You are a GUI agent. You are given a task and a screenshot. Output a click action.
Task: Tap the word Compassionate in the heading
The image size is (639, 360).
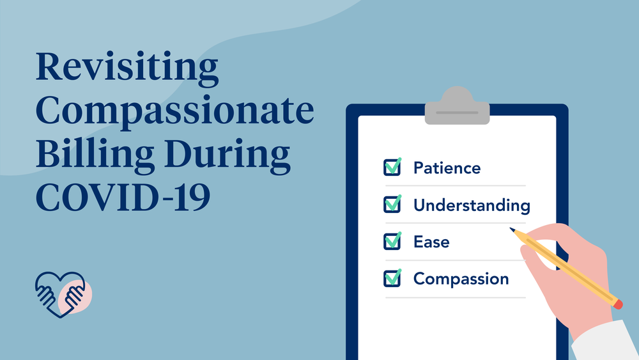point(174,113)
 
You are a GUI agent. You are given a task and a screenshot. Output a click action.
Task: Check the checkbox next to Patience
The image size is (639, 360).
point(392,168)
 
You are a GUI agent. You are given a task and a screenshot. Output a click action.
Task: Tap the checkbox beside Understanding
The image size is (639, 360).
point(392,205)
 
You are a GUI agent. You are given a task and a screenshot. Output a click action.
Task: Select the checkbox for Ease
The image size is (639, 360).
point(392,242)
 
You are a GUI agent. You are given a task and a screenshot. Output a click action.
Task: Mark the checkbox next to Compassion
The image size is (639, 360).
point(392,279)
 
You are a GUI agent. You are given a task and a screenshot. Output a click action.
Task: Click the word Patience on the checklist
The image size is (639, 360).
point(447,168)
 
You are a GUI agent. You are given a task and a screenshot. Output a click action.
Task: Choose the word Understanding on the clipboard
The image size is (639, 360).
point(472,205)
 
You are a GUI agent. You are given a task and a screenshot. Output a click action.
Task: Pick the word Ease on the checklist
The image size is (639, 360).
point(431,242)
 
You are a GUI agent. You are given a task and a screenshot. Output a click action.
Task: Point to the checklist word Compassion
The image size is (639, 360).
point(461,279)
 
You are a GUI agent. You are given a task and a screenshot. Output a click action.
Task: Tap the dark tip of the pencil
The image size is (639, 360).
point(512,229)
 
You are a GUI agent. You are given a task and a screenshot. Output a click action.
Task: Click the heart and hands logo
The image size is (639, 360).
point(63,293)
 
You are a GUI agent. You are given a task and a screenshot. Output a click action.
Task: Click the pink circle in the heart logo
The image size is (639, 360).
point(76,297)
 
